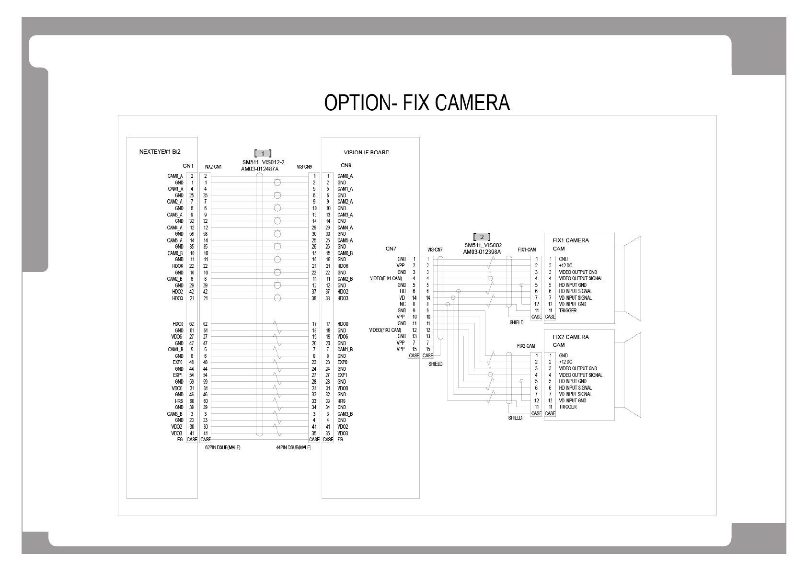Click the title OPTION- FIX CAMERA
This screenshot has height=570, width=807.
coord(417,103)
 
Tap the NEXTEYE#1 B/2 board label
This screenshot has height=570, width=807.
coord(160,152)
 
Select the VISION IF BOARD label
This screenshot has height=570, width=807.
coord(367,153)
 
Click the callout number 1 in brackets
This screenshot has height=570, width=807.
coord(263,153)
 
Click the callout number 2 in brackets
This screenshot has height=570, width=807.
coord(482,237)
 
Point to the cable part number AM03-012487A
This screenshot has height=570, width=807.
coord(260,169)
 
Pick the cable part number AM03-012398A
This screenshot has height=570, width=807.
coord(482,251)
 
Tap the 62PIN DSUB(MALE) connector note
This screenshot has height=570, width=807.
coord(223,447)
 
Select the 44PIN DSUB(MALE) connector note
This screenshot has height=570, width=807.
coord(293,447)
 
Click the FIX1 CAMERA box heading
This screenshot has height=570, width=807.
coord(571,240)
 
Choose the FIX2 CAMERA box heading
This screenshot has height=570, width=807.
coord(571,337)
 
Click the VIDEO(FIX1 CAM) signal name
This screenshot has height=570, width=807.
coord(386,278)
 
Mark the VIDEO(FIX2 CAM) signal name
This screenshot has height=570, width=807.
coord(385,330)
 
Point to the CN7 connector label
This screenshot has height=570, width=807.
coord(391,249)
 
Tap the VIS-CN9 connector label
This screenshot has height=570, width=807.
coord(304,167)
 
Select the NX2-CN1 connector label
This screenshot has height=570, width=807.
coord(213,167)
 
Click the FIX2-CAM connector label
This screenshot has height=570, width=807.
coord(526,346)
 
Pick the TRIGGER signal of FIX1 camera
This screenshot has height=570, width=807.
coord(568,310)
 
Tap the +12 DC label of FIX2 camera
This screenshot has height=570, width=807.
coord(565,362)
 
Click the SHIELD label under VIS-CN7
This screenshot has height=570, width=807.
coord(435,364)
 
